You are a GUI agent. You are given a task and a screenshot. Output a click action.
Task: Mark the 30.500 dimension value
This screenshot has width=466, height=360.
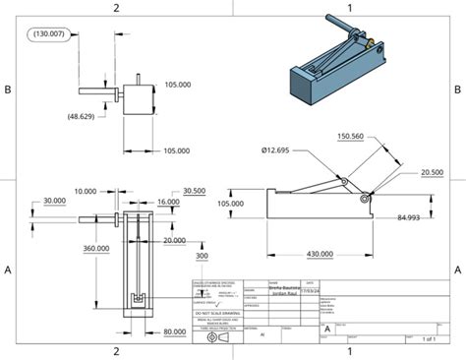pyautogui.click(x=194, y=192)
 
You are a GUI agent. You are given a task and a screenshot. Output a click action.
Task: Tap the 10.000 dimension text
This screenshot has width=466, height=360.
pyautogui.click(x=86, y=192)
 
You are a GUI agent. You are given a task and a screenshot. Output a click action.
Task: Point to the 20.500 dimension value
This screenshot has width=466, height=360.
pyautogui.click(x=431, y=171)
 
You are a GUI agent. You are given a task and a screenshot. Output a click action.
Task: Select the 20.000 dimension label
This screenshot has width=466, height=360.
pyautogui.click(x=174, y=240)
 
